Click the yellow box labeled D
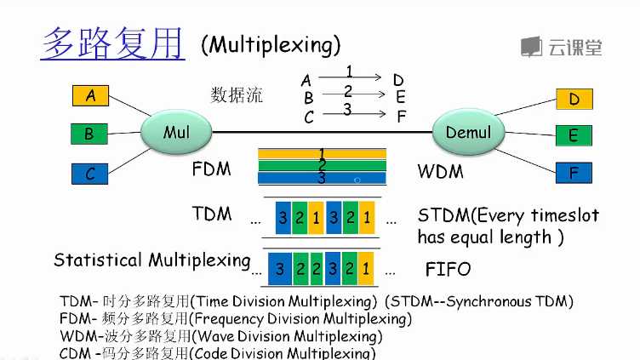(x=574, y=99)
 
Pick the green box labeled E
(x=574, y=135)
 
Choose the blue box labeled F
(x=574, y=173)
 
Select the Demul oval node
(x=468, y=132)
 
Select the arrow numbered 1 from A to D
(x=351, y=77)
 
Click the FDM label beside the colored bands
(x=212, y=169)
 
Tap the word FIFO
(x=448, y=270)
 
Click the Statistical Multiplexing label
(x=151, y=260)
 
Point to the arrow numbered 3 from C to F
(x=351, y=115)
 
